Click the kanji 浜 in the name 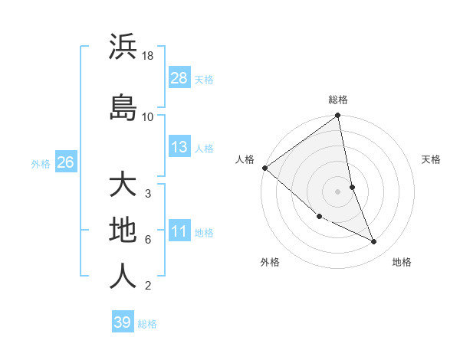pos(123,47)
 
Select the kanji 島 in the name pos(123,106)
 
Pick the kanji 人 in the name pos(123,276)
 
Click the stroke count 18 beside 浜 pos(148,57)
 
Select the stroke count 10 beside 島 pos(148,116)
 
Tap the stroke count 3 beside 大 pos(148,193)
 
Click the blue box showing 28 pos(179,77)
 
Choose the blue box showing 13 pos(179,147)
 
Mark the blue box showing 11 pos(179,231)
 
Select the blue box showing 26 pos(65,162)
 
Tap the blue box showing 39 pos(122,322)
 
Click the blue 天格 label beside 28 pos(204,79)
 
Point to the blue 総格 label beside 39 pos(147,324)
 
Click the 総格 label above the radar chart pos(338,100)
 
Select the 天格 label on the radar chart pos(431,159)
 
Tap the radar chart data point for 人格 pos(264,168)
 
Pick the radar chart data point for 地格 pos(374,242)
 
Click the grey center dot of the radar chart pos(338,191)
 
